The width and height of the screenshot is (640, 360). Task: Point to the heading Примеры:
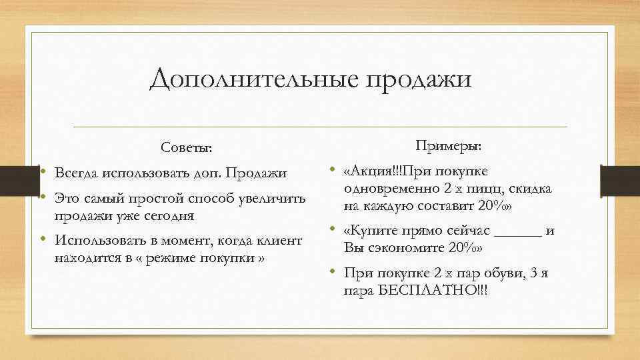(449, 145)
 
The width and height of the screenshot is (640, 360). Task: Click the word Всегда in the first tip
(76, 173)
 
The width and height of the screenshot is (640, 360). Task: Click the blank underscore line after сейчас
(519, 232)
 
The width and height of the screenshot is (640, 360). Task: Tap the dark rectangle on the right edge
(620, 180)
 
